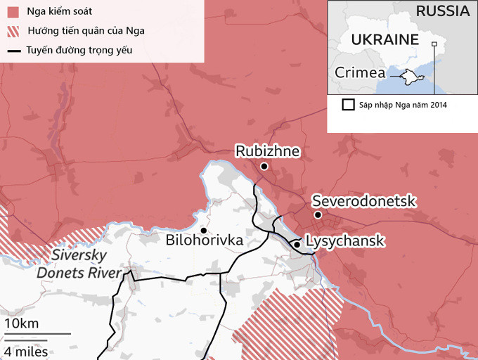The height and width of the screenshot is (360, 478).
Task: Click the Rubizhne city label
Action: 268,150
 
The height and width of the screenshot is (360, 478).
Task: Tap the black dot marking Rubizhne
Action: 264,167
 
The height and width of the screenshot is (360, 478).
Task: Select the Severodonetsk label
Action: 364,201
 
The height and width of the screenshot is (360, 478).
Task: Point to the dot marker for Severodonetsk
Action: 318,215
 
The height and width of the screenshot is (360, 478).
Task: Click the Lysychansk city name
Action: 346,241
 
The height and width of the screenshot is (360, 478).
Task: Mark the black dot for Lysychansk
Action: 297,244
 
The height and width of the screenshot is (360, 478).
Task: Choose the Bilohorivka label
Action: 205,240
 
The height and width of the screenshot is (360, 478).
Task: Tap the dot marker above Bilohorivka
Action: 203,230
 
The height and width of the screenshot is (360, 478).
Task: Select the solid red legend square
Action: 13,12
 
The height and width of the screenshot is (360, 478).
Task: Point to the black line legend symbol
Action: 13,51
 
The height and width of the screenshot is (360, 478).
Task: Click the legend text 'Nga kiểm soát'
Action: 59,12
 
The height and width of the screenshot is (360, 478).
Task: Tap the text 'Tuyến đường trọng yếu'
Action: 79,51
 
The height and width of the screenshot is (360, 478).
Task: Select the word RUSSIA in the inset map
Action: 442,11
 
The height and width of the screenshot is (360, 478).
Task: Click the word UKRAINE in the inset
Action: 385,39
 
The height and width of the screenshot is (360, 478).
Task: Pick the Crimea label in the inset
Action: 360,72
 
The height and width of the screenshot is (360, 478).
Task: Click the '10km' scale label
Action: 21,323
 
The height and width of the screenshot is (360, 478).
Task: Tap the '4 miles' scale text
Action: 26,351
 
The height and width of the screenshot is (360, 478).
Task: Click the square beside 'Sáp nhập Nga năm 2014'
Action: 348,105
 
